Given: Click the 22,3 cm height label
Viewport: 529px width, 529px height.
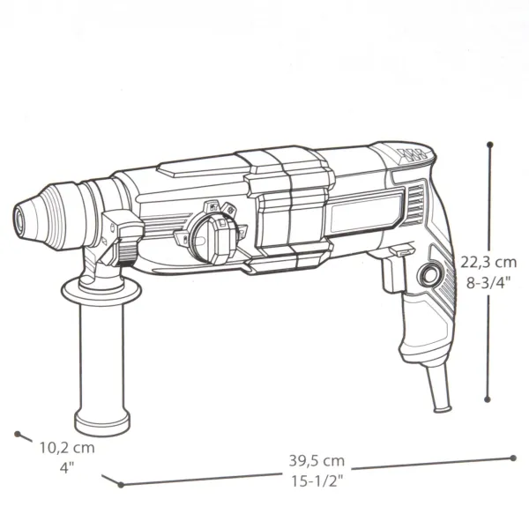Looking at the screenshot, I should click(x=488, y=262).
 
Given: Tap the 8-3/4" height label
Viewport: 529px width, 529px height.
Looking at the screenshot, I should click(x=488, y=282).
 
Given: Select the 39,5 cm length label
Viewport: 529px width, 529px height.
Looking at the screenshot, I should click(x=317, y=460).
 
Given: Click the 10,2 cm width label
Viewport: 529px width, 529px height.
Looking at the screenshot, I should click(x=66, y=447).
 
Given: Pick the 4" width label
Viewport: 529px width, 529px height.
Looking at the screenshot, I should click(x=66, y=466).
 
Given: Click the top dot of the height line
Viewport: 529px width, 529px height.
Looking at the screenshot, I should click(x=489, y=142).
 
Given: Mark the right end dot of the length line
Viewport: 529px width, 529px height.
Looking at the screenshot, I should click(x=514, y=457).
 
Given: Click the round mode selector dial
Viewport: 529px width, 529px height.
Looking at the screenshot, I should click(x=208, y=234).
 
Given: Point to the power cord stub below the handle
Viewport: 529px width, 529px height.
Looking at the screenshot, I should click(x=442, y=391).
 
